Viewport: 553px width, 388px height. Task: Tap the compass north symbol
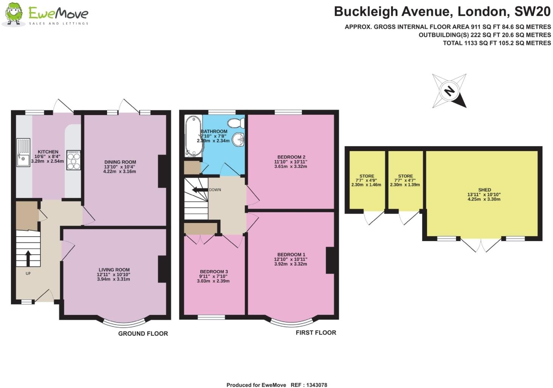coord(449,91)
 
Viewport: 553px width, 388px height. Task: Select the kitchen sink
coord(23,153)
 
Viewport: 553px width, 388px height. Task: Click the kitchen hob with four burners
coord(73,160)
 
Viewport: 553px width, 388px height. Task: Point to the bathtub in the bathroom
coord(190,136)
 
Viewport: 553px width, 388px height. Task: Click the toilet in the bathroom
coord(238,123)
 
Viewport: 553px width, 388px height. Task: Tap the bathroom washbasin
coord(238,139)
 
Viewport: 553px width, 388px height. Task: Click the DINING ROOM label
coord(120,162)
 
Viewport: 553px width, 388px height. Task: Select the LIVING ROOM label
coord(113,270)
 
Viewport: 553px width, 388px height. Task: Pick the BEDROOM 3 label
coord(214,271)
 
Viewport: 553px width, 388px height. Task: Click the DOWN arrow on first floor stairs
coord(197,190)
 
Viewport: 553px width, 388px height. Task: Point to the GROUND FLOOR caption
coord(143,333)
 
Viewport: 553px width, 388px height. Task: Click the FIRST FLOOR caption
coord(316,333)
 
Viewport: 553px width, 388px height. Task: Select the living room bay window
coord(124,322)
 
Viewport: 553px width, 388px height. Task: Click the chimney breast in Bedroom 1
coord(329,260)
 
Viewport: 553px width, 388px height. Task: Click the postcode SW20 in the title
coord(532,12)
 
